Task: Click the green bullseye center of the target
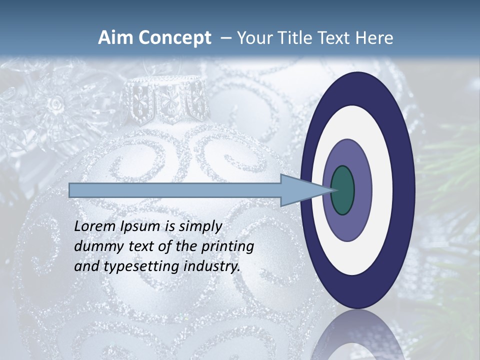point(342,190)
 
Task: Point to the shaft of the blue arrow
point(175,190)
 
